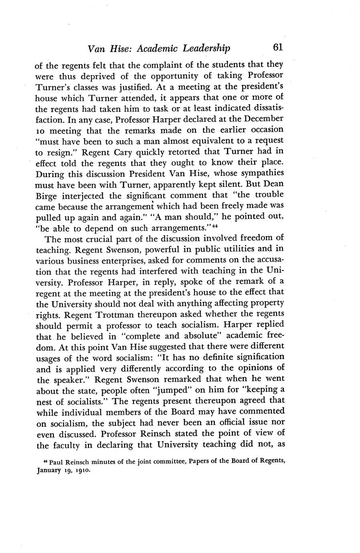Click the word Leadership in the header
point(206,48)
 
